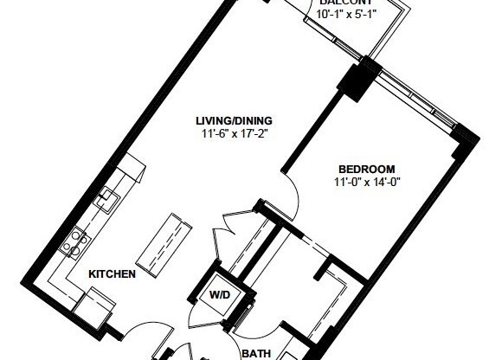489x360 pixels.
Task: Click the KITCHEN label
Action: coord(112,274)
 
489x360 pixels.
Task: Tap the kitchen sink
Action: coord(108,198)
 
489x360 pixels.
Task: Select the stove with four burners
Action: coord(75,240)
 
